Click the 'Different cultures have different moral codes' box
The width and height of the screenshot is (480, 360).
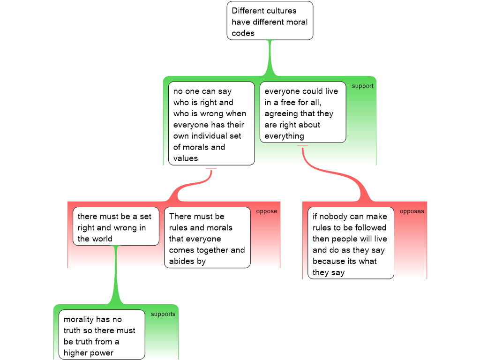pyautogui.click(x=270, y=21)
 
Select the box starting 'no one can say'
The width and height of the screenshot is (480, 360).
pyautogui.click(x=211, y=124)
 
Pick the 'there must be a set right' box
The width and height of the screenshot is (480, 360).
pyautogui.click(x=115, y=226)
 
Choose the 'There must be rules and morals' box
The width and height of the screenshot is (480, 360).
pyautogui.click(x=207, y=238)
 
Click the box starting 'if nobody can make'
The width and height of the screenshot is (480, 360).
pyautogui.click(x=350, y=243)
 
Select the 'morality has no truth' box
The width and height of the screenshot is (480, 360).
pyautogui.click(x=101, y=335)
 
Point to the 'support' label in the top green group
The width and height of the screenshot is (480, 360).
pyautogui.click(x=362, y=86)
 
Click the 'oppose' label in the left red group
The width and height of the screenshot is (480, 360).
pyautogui.click(x=266, y=211)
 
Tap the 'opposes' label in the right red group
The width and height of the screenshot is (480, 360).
pyautogui.click(x=412, y=211)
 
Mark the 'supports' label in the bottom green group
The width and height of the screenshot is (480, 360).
pyautogui.click(x=163, y=314)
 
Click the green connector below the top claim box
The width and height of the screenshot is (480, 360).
pyautogui.click(x=270, y=59)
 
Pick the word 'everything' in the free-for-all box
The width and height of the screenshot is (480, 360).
pyautogui.click(x=284, y=136)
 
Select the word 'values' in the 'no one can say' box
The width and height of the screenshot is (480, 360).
pyautogui.click(x=186, y=158)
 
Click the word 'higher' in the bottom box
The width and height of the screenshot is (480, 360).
pyautogui.click(x=76, y=353)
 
